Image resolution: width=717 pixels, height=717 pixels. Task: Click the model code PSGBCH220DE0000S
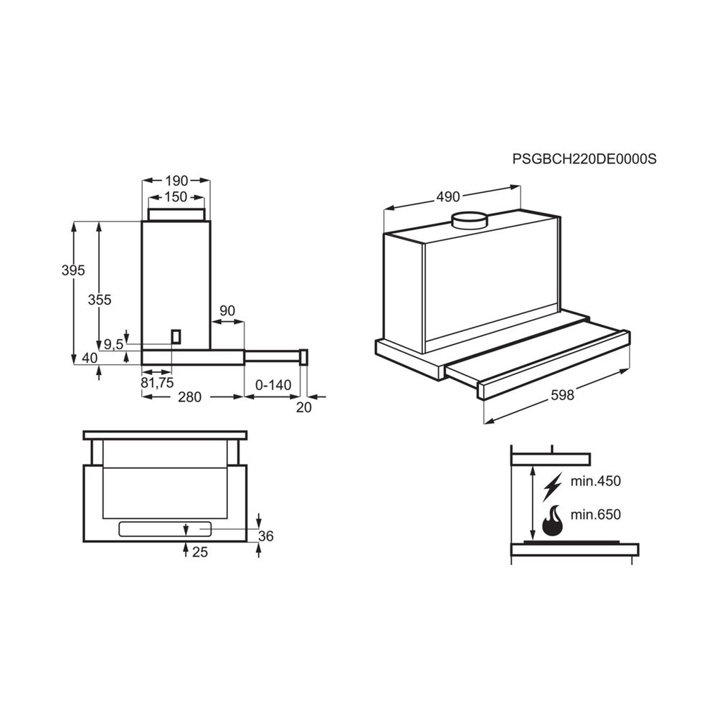(584, 159)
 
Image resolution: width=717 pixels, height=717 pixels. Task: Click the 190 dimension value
(176, 181)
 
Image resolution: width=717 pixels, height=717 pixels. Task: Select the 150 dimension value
(175, 196)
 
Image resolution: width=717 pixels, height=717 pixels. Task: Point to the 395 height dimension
(73, 270)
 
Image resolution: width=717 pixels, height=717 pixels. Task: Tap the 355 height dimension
(99, 300)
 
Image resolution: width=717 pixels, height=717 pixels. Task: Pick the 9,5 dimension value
(114, 345)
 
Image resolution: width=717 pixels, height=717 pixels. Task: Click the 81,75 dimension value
(157, 382)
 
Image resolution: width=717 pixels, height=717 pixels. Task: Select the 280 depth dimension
(189, 397)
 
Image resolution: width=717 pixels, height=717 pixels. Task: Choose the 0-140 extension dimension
(273, 385)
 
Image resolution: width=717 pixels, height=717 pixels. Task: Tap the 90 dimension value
(227, 310)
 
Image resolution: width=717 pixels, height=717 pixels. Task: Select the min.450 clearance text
(595, 480)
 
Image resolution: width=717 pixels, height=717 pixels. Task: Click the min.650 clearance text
(595, 514)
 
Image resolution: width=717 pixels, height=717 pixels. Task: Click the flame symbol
(552, 521)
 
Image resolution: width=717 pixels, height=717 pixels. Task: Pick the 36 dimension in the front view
(266, 536)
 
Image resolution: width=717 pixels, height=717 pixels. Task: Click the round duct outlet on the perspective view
(469, 219)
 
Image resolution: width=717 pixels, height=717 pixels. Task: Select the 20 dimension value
(304, 407)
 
